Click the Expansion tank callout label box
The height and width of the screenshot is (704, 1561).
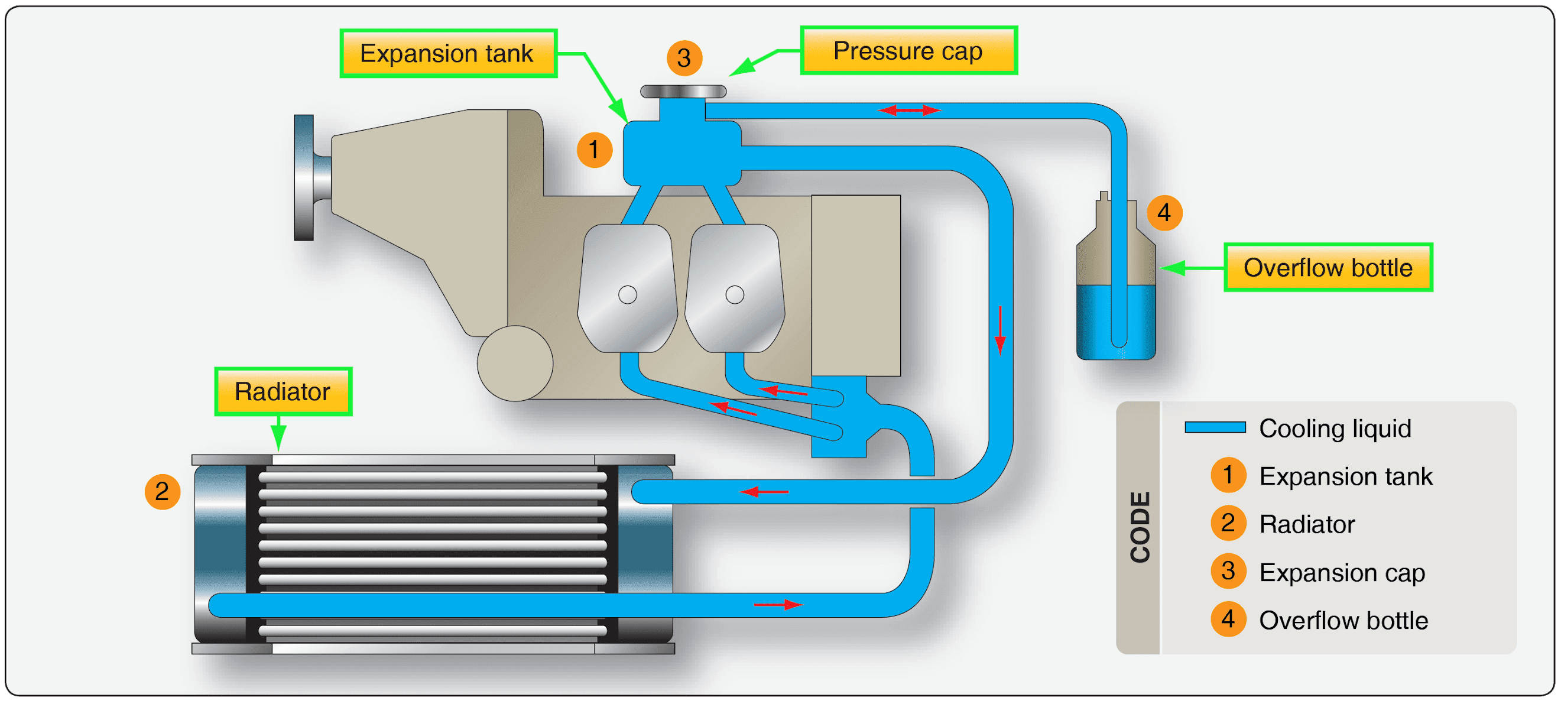448,53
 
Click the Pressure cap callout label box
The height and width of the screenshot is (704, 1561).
908,51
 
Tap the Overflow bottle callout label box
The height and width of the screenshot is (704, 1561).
1328,267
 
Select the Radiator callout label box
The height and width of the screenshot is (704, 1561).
283,391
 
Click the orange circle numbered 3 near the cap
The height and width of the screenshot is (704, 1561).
684,58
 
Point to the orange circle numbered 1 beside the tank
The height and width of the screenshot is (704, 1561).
594,150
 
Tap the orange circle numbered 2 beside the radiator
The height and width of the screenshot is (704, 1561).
162,491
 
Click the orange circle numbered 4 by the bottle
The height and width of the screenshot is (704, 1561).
1164,213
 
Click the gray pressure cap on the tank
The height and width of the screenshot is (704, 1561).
683,92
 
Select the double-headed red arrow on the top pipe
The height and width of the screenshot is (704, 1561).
909,111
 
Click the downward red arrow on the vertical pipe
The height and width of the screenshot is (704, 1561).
1000,330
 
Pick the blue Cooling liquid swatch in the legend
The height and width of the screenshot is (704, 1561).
1215,428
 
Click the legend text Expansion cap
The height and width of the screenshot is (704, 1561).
1342,572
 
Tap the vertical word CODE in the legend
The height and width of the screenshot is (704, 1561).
1140,527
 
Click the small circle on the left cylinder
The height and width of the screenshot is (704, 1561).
627,295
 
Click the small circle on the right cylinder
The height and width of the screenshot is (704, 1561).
735,295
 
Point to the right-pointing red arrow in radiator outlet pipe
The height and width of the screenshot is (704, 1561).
778,604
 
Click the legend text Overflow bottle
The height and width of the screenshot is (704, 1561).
1343,620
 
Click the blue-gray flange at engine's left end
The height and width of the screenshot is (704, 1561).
304,177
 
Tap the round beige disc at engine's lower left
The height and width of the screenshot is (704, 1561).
514,364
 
